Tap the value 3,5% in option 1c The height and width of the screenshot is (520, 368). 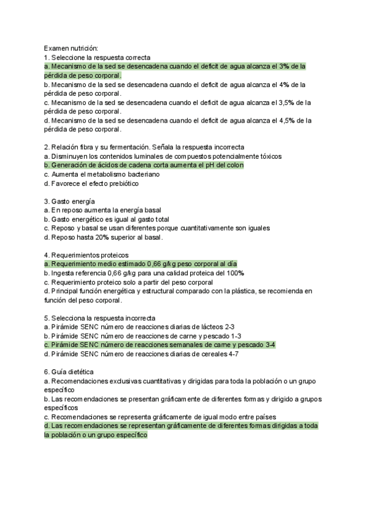286,102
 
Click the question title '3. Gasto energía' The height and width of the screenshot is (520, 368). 69,201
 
